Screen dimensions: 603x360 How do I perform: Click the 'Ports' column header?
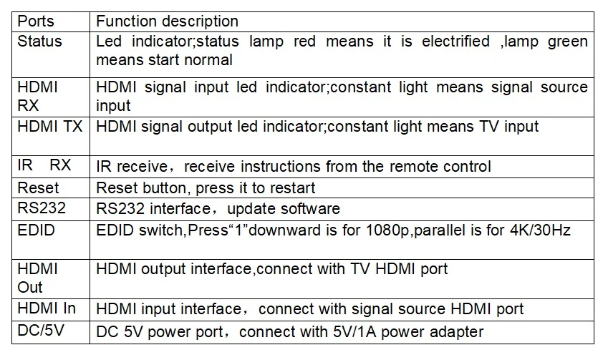[x=36, y=21]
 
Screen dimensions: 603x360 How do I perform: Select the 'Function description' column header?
[x=168, y=21]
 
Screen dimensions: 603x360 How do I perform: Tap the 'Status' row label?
[x=39, y=41]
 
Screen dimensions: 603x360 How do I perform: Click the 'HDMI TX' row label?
[x=50, y=127]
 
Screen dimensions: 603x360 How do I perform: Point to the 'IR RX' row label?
[x=44, y=165]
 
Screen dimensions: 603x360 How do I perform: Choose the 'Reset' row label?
[x=38, y=188]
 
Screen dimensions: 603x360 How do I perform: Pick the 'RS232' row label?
[x=42, y=208]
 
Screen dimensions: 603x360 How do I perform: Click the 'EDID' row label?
[x=36, y=230]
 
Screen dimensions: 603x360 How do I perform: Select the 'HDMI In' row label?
[x=47, y=308]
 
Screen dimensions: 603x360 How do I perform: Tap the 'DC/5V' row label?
[x=41, y=331]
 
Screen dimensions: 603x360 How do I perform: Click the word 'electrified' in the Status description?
[x=455, y=41]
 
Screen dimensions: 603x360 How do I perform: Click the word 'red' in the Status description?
[x=304, y=41]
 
